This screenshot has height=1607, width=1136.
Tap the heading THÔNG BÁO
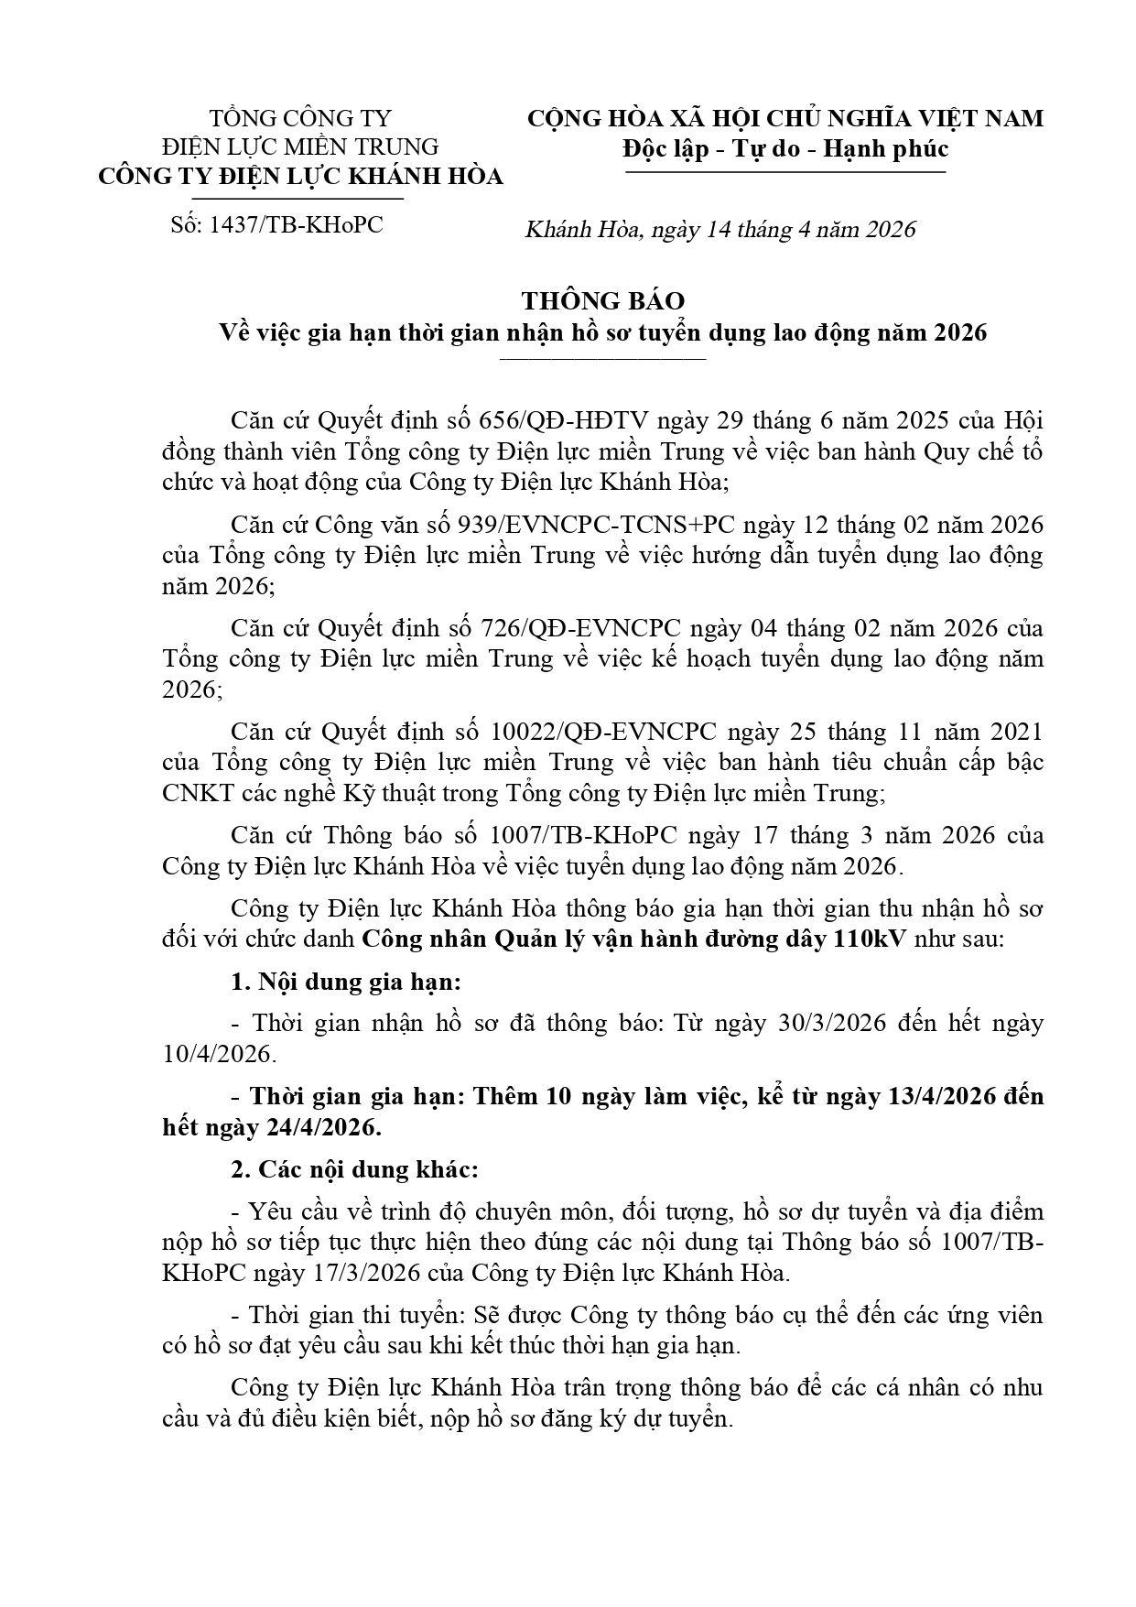click(602, 301)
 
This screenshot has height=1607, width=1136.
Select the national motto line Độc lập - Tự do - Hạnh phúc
click(784, 148)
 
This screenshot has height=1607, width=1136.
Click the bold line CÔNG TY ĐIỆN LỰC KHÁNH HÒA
click(301, 177)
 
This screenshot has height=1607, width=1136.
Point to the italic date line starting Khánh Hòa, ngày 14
click(719, 229)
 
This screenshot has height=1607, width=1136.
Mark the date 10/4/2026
click(217, 1054)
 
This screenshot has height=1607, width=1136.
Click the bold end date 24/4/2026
click(323, 1127)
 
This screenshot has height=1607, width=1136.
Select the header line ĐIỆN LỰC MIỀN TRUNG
click(301, 147)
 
